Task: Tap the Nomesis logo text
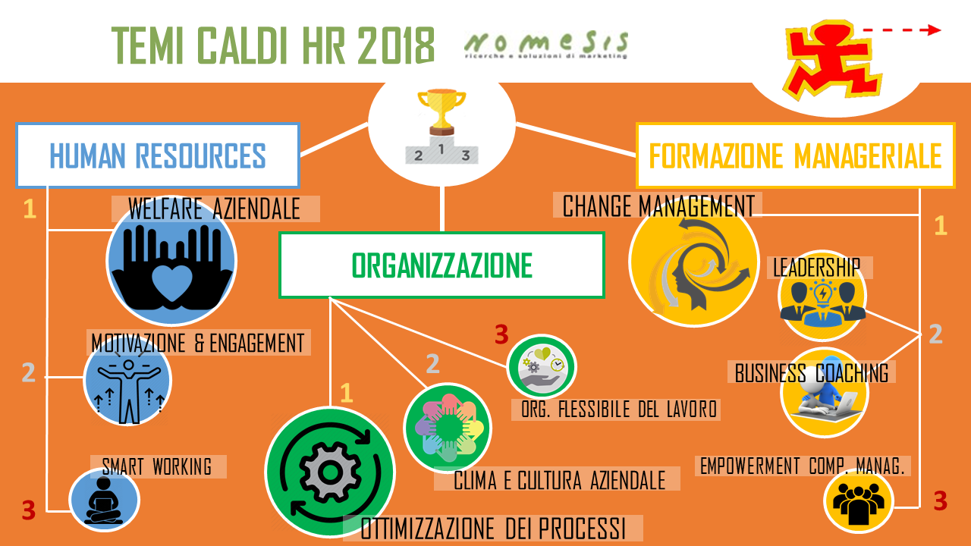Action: [x=546, y=45]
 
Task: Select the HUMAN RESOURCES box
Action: [x=158, y=155]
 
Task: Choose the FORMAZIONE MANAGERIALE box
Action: [x=796, y=155]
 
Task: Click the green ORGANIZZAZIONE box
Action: [x=442, y=265]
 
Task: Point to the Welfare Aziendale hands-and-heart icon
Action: [x=171, y=268]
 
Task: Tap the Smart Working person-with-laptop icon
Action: [x=104, y=500]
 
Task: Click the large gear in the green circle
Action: [x=330, y=472]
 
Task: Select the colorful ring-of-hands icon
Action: [x=448, y=427]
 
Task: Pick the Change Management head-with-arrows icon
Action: [x=693, y=265]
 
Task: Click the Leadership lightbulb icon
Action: [x=823, y=296]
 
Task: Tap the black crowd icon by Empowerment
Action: [x=858, y=504]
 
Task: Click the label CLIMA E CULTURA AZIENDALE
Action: [x=559, y=480]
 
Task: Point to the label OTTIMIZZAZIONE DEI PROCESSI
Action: [x=493, y=529]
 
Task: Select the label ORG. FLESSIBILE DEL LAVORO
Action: [x=618, y=409]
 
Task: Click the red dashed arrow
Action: [x=902, y=30]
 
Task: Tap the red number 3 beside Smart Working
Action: [x=29, y=510]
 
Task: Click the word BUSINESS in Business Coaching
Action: [x=770, y=373]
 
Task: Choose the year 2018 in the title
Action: [x=396, y=45]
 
